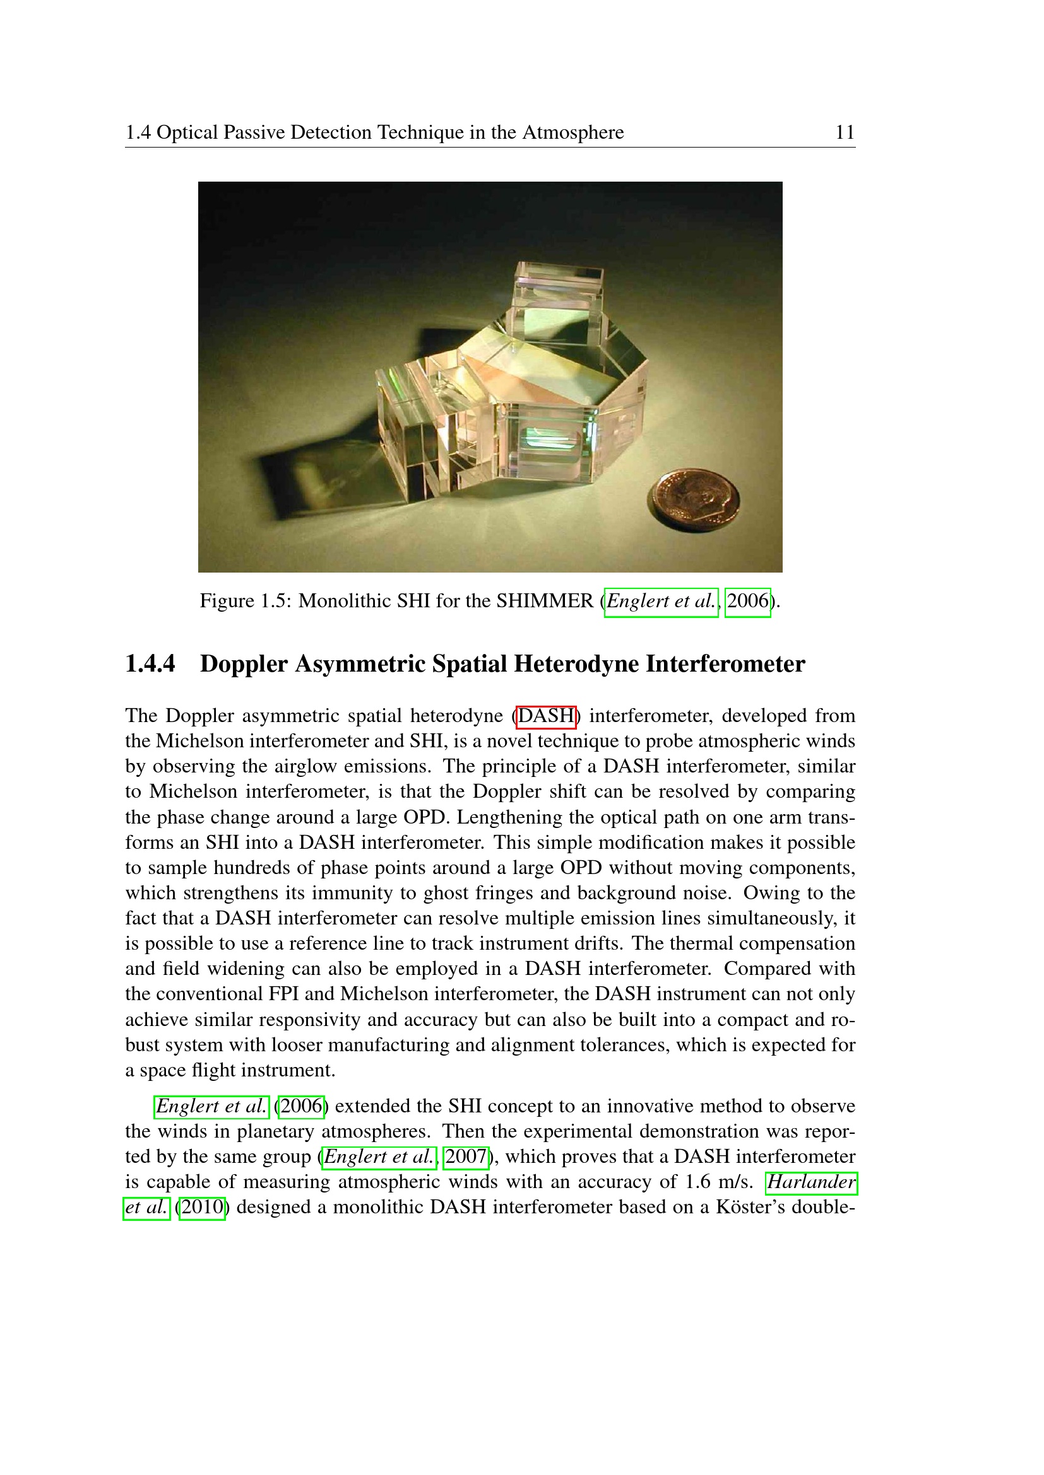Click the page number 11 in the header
click(x=844, y=132)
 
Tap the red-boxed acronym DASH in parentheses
click(x=546, y=716)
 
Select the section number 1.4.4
click(x=150, y=664)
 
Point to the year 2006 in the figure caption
click(x=747, y=602)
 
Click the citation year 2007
click(x=465, y=1157)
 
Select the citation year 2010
click(x=202, y=1207)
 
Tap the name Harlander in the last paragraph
click(x=811, y=1182)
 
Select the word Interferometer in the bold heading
click(x=725, y=664)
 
